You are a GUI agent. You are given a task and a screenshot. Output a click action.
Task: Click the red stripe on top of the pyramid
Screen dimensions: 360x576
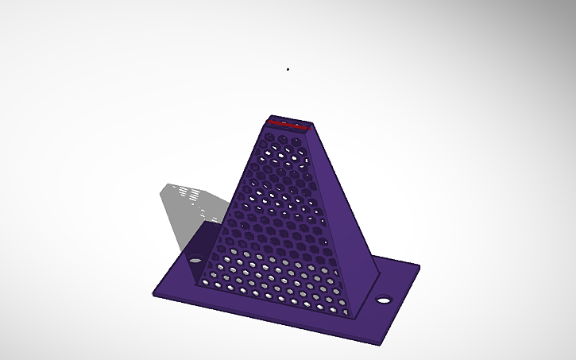288,125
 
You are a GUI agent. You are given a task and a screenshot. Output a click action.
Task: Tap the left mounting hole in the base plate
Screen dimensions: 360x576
193,259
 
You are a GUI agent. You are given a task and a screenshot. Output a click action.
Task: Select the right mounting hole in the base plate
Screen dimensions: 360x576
384,300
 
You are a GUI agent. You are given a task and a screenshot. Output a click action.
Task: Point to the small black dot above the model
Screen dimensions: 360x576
288,69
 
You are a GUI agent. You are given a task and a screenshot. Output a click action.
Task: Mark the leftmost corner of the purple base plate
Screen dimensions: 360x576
154,296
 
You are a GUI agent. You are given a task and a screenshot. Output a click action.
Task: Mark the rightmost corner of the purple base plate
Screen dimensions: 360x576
419,266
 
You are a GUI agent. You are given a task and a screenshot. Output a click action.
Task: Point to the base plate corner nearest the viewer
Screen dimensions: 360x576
382,344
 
